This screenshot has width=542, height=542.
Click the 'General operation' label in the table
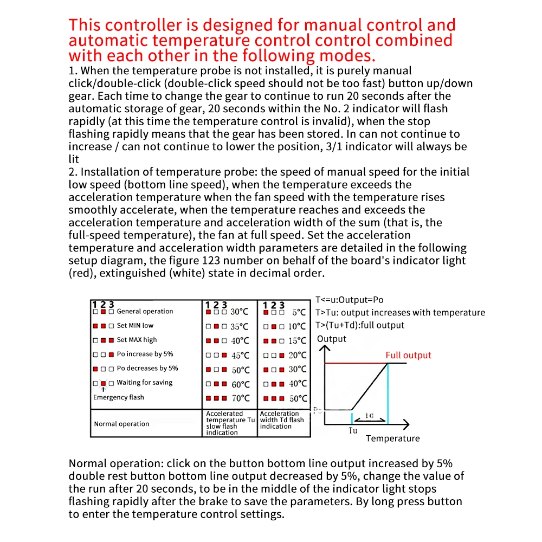145,312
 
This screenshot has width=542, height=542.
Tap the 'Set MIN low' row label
135,326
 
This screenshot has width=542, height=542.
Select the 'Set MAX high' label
137,340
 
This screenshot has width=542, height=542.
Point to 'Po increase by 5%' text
145,354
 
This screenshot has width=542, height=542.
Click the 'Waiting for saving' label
144,382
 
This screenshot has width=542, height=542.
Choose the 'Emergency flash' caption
118,397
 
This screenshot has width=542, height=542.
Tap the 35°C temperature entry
239,327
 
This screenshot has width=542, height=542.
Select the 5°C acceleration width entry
299,313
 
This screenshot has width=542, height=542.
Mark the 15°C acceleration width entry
297,341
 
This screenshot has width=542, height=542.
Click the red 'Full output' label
408,356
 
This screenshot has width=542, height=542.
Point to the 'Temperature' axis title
392,438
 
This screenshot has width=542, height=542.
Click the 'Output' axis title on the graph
331,339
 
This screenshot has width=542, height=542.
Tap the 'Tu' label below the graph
352,431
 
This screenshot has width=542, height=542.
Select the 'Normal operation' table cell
121,424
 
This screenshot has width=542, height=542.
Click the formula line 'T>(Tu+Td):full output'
360,325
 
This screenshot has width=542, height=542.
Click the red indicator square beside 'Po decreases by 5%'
95,369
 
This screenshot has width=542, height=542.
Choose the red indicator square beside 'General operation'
103,312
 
